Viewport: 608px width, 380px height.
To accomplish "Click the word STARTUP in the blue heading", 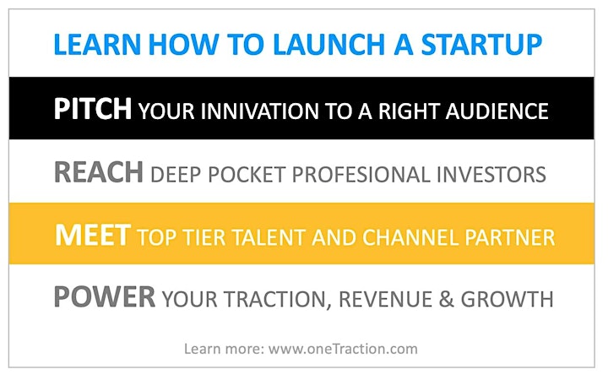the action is click(481, 45).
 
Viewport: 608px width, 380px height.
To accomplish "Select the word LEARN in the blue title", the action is click(97, 45).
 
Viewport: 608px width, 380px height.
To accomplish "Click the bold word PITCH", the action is click(93, 109).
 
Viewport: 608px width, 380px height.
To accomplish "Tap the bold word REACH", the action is click(99, 172).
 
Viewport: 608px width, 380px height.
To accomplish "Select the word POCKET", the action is click(247, 175).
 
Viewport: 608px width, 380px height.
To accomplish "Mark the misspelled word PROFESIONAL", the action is click(361, 175).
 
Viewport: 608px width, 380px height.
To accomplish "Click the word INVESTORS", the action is click(491, 175).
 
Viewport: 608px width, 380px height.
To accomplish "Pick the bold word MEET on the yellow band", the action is click(93, 235).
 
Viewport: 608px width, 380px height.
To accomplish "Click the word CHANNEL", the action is click(410, 237).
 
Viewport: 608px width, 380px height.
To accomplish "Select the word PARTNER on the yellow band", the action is click(510, 237).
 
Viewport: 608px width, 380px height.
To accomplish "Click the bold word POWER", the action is click(105, 297).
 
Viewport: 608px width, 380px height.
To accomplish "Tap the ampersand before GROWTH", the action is click(447, 300).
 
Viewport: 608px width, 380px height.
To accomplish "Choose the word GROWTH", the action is click(508, 300).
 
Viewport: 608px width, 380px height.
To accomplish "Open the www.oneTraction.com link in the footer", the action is click(343, 349).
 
